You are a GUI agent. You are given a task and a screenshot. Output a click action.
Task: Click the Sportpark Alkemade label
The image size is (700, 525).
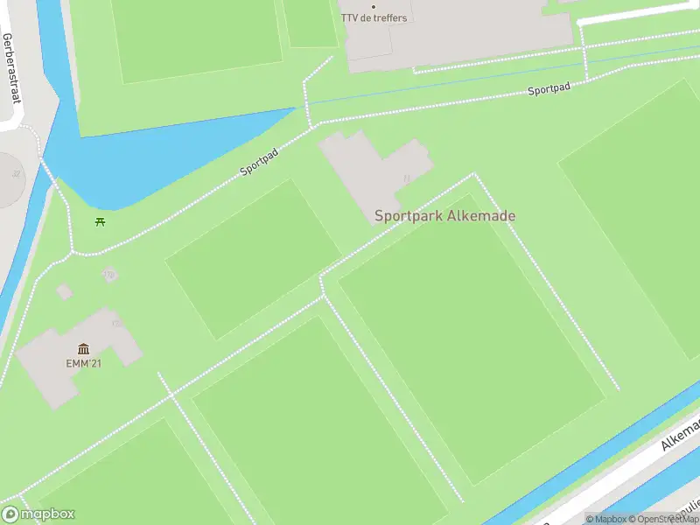point(444,215)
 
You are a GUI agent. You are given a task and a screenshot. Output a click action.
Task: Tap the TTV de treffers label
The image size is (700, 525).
point(374,18)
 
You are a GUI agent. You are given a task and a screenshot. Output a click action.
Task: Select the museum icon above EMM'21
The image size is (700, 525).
point(83,349)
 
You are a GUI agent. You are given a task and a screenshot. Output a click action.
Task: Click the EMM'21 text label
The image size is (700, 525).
point(83,363)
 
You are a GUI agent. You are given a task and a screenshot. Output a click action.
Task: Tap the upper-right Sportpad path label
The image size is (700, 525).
point(549,89)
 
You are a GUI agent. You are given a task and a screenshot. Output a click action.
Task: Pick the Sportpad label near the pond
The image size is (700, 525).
point(259,162)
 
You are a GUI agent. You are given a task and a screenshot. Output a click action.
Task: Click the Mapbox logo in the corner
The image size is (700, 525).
point(38,514)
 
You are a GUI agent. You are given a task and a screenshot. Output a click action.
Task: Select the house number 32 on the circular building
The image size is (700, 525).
point(16,173)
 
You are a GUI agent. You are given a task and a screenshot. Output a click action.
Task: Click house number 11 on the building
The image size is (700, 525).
point(406,178)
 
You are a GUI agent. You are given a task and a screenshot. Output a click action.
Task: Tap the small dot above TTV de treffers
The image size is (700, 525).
point(374,7)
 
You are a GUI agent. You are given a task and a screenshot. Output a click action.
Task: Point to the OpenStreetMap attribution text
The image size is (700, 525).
point(664,519)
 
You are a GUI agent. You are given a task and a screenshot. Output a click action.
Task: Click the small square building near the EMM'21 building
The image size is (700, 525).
point(64,290)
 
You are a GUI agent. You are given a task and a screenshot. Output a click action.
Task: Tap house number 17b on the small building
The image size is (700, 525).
point(108,275)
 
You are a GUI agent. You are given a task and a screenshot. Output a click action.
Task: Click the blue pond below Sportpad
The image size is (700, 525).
point(157,157)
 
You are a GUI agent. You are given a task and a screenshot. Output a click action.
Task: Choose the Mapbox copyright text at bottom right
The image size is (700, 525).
point(605,519)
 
